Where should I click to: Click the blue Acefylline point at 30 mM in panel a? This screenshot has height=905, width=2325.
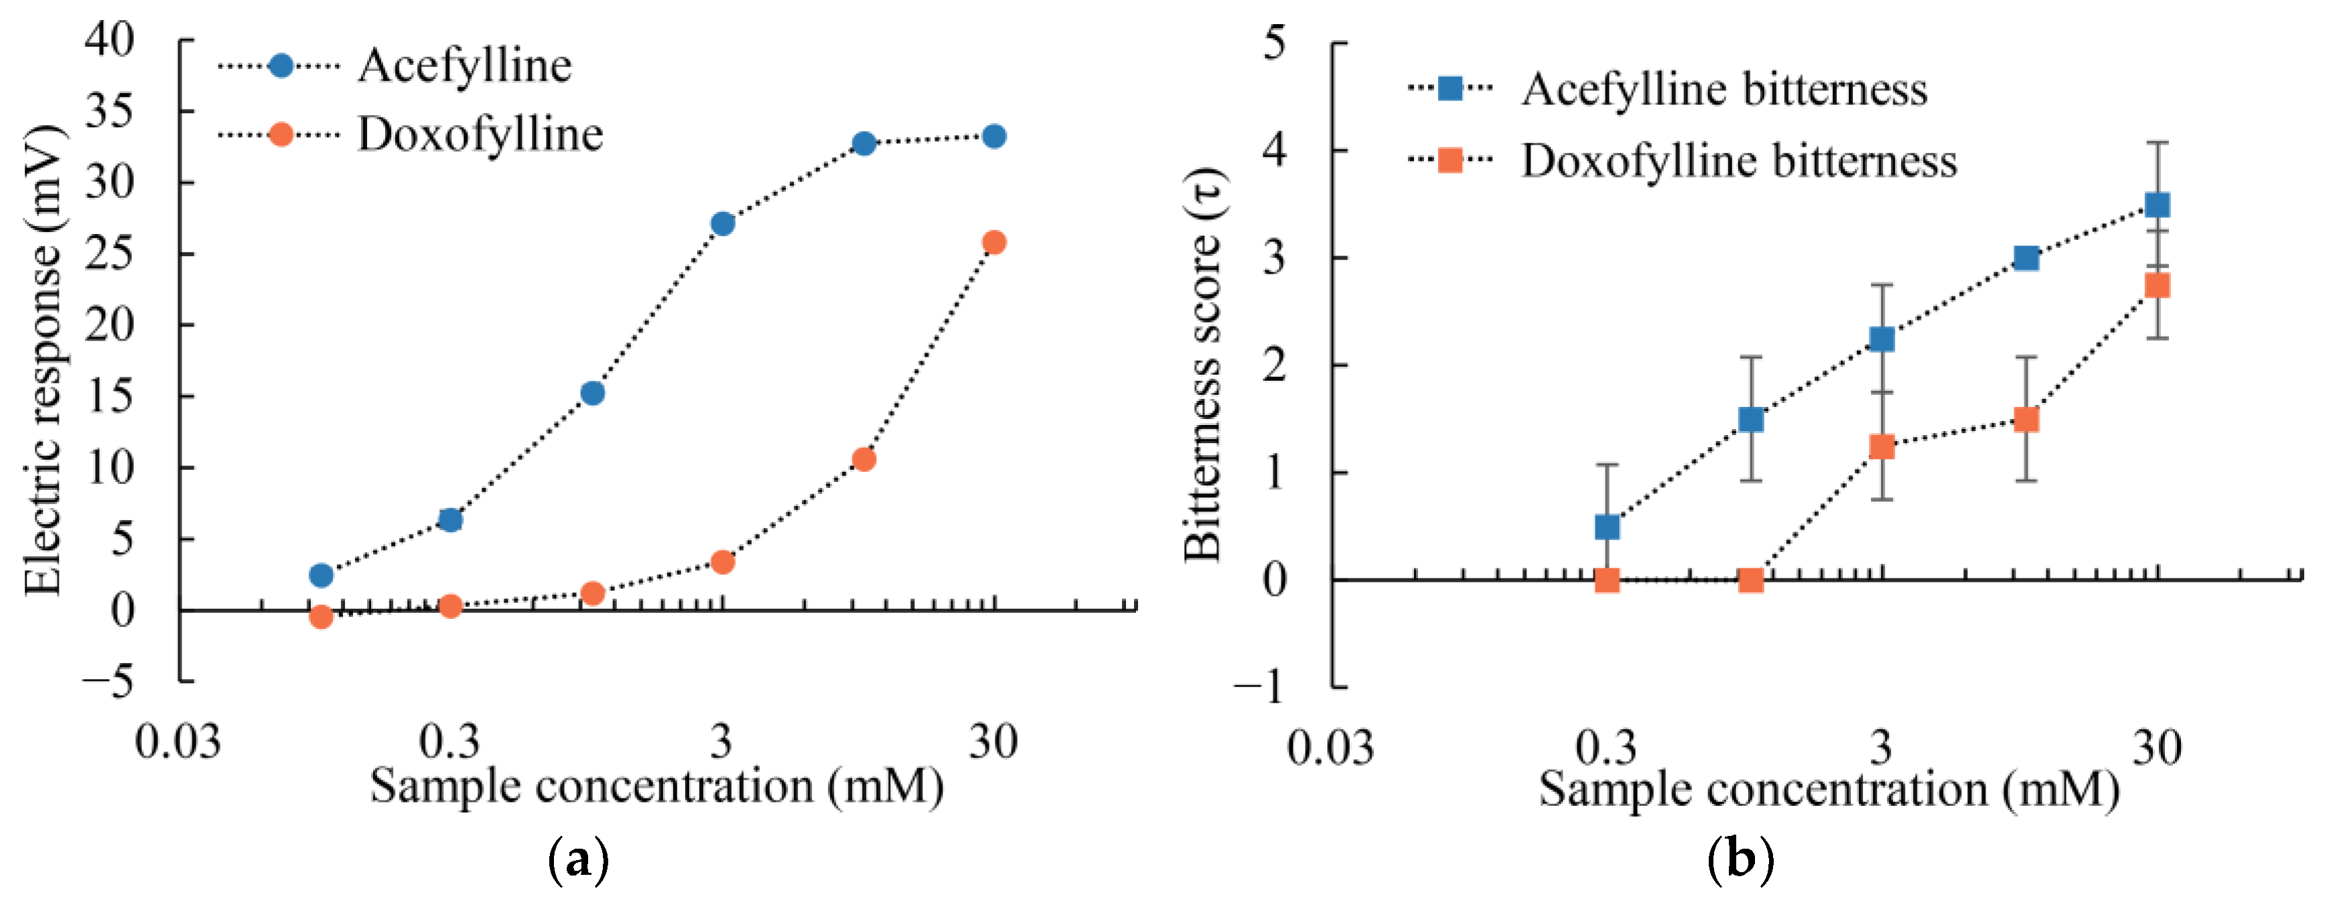coord(994,136)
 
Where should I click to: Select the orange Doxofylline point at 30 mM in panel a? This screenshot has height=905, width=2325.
coord(994,242)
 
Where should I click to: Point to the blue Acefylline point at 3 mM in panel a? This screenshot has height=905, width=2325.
coord(722,223)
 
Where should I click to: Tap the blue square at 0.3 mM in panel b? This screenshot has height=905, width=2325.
coord(1606,526)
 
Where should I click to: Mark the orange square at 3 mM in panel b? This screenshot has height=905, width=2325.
coord(1882,446)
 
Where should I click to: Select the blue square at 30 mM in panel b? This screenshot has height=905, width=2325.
coord(2157,205)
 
